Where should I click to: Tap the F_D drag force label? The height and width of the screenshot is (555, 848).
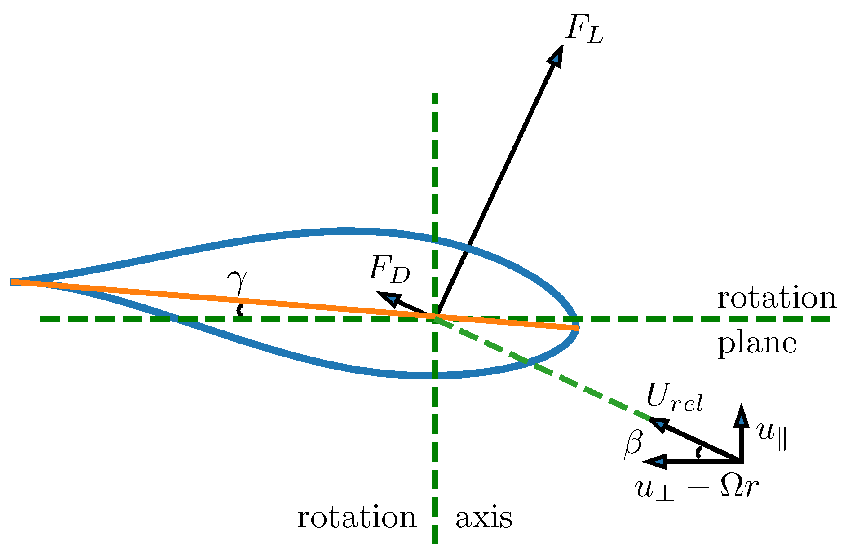(x=389, y=271)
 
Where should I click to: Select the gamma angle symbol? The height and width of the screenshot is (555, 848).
(x=237, y=282)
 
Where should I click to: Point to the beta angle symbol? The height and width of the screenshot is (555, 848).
(x=633, y=445)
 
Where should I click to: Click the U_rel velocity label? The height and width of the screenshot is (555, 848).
(x=674, y=398)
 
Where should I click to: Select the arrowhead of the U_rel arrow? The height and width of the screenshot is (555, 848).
(x=658, y=424)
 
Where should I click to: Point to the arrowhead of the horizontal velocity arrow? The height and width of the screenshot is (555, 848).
(x=655, y=462)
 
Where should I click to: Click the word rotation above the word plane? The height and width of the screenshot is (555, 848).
(x=776, y=298)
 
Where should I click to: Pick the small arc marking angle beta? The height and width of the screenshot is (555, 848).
(x=698, y=453)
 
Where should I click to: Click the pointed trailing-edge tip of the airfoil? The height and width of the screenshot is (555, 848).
(x=13, y=282)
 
